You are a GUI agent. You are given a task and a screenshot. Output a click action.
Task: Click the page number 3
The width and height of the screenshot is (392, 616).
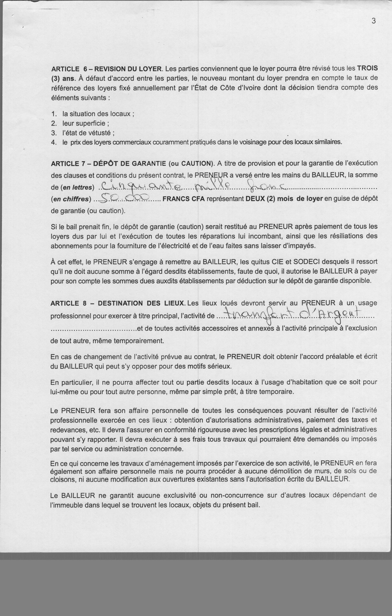click(374, 21)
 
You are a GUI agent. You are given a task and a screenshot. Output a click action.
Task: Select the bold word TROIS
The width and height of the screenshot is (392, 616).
click(367, 68)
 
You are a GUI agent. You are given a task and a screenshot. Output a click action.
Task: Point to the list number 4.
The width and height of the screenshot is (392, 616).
click(53, 142)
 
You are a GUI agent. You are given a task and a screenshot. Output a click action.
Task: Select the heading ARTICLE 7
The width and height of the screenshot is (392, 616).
click(68, 164)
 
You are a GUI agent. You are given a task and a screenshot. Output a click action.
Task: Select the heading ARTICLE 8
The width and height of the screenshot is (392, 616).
click(68, 303)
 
